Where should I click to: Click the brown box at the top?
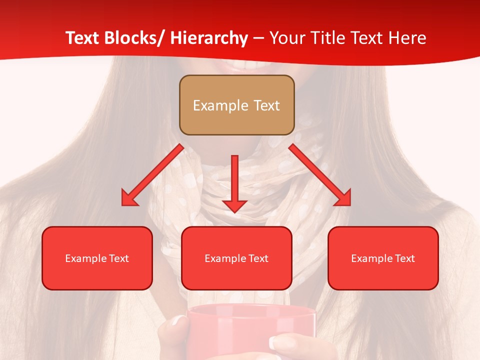[236, 105]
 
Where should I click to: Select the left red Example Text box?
[97, 258]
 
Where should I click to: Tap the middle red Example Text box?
[236, 258]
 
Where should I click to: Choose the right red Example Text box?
[383, 258]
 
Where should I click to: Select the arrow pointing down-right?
[320, 175]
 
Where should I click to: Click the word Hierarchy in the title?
[208, 38]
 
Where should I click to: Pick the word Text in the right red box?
[405, 258]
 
